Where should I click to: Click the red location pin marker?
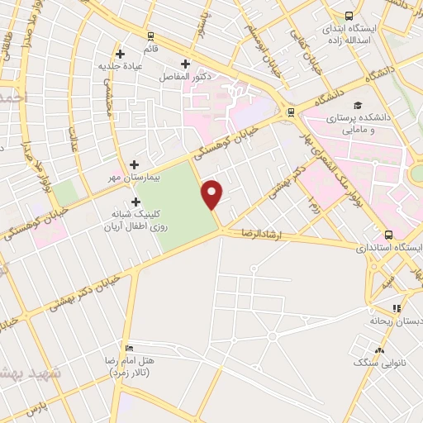[212, 193]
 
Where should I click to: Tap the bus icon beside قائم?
[150, 36]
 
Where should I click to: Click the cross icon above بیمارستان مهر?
[134, 164]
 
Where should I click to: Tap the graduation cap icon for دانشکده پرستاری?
[358, 105]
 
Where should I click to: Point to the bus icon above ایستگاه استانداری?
[387, 234]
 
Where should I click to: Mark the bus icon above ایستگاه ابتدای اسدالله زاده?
[349, 16]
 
